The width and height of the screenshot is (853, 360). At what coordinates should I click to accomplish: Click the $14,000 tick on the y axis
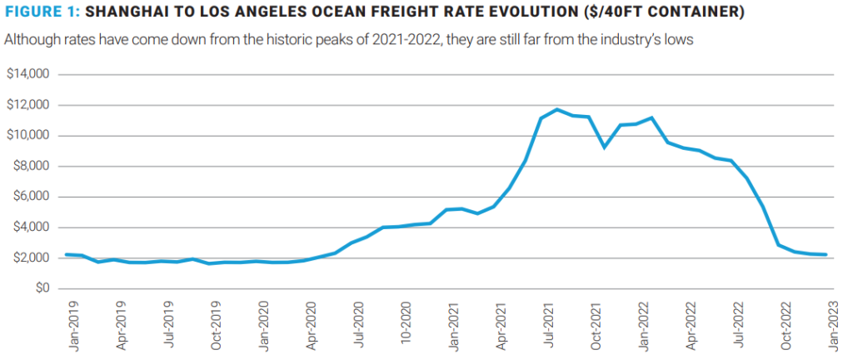pyautogui.click(x=29, y=75)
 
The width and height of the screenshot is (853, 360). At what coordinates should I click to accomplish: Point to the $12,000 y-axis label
pyautogui.click(x=29, y=105)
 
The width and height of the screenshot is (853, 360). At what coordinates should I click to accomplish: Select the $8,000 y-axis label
pyautogui.click(x=32, y=167)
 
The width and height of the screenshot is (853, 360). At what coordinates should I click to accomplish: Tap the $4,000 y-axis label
pyautogui.click(x=32, y=227)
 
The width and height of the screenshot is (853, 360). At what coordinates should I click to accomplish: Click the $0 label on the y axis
pyautogui.click(x=41, y=288)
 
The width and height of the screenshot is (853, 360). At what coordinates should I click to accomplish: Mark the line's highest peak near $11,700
pyautogui.click(x=557, y=109)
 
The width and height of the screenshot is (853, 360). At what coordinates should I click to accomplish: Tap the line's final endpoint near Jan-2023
pyautogui.click(x=826, y=255)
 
